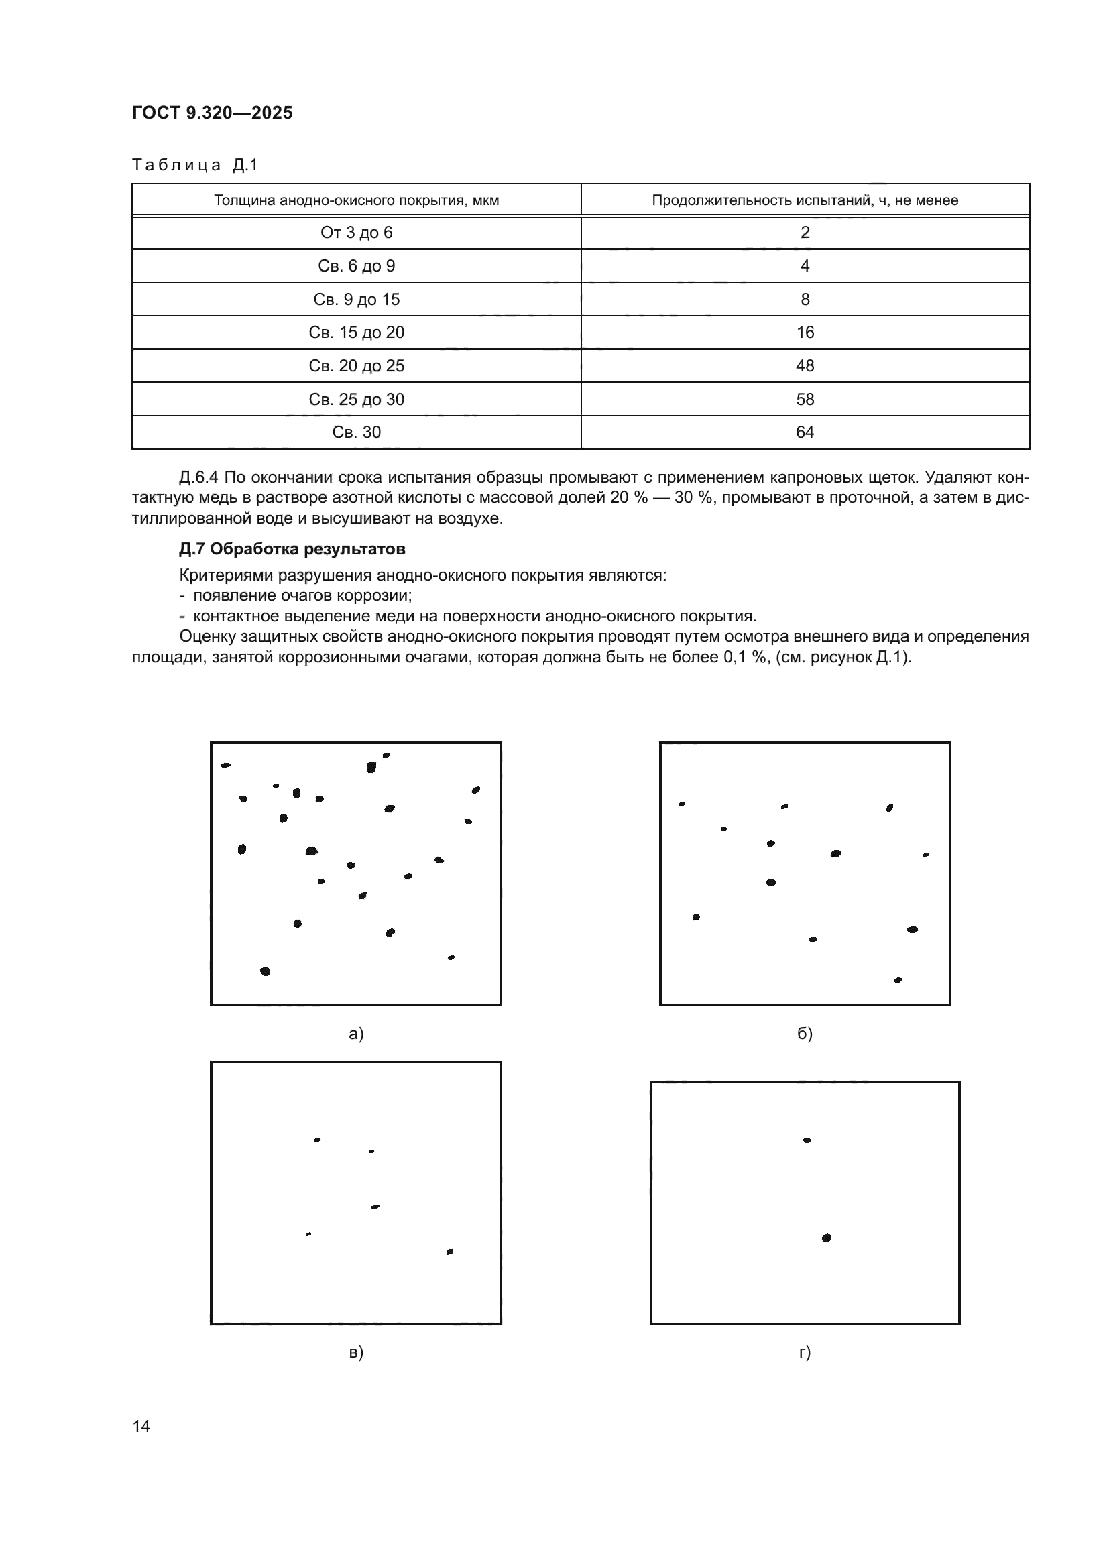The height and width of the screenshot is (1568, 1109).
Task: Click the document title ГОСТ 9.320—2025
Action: pyautogui.click(x=212, y=113)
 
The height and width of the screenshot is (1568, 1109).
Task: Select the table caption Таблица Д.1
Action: pyautogui.click(x=194, y=165)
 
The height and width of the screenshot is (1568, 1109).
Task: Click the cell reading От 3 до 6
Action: pyautogui.click(x=357, y=233)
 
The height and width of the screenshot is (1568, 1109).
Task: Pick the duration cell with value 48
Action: pyautogui.click(x=805, y=366)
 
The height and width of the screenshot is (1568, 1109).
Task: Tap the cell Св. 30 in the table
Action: pyautogui.click(x=357, y=432)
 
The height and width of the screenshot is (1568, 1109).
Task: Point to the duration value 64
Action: pyautogui.click(x=805, y=432)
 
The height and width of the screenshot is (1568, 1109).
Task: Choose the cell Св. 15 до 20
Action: pyautogui.click(x=357, y=333)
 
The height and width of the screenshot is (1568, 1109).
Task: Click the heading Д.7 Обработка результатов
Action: pyautogui.click(x=292, y=549)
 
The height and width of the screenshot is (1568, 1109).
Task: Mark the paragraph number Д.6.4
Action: pyautogui.click(x=198, y=477)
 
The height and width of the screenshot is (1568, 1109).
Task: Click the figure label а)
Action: pyautogui.click(x=356, y=1034)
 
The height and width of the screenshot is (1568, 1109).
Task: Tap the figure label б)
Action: pyautogui.click(x=805, y=1034)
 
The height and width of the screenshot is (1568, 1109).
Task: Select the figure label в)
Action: pyautogui.click(x=356, y=1352)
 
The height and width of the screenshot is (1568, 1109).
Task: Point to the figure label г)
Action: pyautogui.click(x=805, y=1352)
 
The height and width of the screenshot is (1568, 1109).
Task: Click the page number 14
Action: pyautogui.click(x=141, y=1426)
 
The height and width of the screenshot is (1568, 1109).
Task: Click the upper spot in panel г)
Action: pyautogui.click(x=807, y=1140)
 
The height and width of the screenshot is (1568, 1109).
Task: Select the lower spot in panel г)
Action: pyautogui.click(x=826, y=1238)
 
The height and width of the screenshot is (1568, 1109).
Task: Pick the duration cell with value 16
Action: pyautogui.click(x=805, y=333)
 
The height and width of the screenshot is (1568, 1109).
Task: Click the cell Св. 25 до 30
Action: pyautogui.click(x=357, y=400)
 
